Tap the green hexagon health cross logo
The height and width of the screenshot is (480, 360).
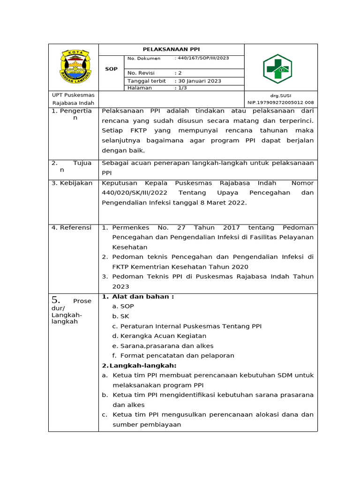(x=277, y=69)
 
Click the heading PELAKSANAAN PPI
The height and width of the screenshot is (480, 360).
(x=171, y=49)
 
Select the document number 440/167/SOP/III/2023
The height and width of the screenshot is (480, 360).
(x=202, y=59)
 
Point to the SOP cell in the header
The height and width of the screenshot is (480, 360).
(x=111, y=69)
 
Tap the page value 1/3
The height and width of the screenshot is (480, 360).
(x=181, y=88)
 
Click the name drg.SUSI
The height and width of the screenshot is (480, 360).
(x=281, y=96)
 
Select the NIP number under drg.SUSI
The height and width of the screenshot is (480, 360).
(x=281, y=103)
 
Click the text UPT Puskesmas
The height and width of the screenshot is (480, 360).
(x=73, y=95)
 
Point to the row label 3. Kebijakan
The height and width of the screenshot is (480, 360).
(x=72, y=183)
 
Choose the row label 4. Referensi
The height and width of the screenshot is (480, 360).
(x=72, y=227)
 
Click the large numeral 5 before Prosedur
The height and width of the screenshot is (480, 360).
(x=56, y=300)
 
